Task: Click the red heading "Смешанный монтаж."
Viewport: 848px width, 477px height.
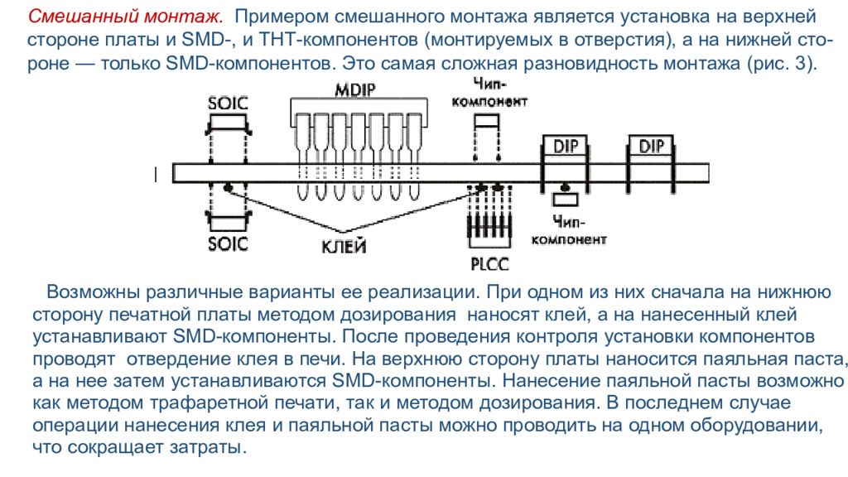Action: pyautogui.click(x=125, y=17)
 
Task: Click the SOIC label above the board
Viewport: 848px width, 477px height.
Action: pyautogui.click(x=228, y=104)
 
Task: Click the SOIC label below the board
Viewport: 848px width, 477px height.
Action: pyautogui.click(x=228, y=244)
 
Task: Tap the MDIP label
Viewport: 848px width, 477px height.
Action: pyautogui.click(x=354, y=89)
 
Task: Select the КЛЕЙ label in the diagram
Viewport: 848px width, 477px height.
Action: pyautogui.click(x=344, y=247)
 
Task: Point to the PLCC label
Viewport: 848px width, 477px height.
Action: pyautogui.click(x=489, y=264)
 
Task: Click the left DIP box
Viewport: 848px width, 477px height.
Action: pyautogui.click(x=565, y=146)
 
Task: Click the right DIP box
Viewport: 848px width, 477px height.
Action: pyautogui.click(x=651, y=146)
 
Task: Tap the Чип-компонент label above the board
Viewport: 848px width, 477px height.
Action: pyautogui.click(x=489, y=93)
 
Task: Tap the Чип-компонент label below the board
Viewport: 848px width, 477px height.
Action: pyautogui.click(x=569, y=230)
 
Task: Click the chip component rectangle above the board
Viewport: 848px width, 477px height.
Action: pyautogui.click(x=487, y=122)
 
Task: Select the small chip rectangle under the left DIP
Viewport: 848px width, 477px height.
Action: pyautogui.click(x=565, y=200)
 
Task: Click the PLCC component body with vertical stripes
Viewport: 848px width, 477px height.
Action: pyautogui.click(x=489, y=225)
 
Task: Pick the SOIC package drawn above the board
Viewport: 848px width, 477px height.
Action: pyautogui.click(x=229, y=124)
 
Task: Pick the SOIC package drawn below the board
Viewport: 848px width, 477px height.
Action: pyautogui.click(x=229, y=221)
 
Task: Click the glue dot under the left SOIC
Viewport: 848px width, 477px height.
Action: pyautogui.click(x=229, y=188)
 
